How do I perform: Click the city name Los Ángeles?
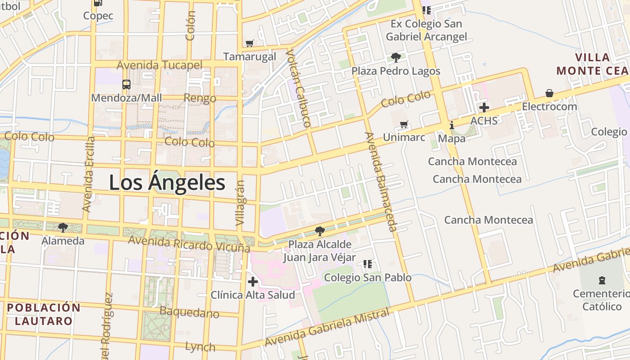(x=167, y=183)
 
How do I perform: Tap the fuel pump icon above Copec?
(x=98, y=3)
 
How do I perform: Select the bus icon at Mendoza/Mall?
(x=126, y=84)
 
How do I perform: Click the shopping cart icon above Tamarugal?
(x=250, y=44)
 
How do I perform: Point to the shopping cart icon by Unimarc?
(x=404, y=124)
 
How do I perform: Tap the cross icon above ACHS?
(x=484, y=108)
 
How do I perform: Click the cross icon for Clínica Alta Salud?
(x=253, y=282)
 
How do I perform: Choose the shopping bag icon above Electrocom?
(x=549, y=93)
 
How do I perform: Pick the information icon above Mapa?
(x=452, y=125)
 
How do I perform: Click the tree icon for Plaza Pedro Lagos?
(x=396, y=57)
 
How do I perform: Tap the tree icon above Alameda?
(x=63, y=227)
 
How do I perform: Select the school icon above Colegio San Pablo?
(x=368, y=264)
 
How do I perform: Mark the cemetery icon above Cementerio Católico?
(x=602, y=280)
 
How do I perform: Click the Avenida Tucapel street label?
(x=159, y=65)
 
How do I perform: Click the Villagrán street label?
(x=241, y=203)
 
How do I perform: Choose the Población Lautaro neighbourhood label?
(x=44, y=314)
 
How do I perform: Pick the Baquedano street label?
(x=189, y=312)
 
